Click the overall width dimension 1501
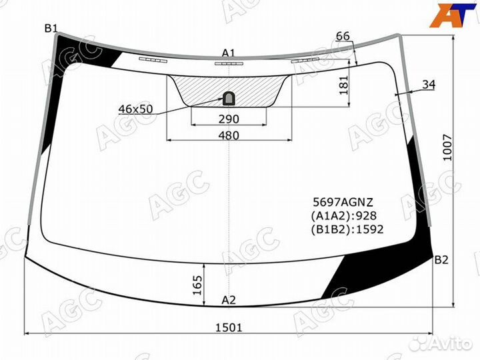(x=229, y=327)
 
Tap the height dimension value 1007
(x=447, y=147)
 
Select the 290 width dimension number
(x=229, y=119)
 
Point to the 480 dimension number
(x=229, y=135)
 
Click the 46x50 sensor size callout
(x=135, y=109)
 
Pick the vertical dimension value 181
(x=344, y=85)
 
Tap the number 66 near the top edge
(x=343, y=36)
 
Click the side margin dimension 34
(x=429, y=84)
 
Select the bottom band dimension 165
(x=197, y=285)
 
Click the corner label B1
(x=51, y=29)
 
